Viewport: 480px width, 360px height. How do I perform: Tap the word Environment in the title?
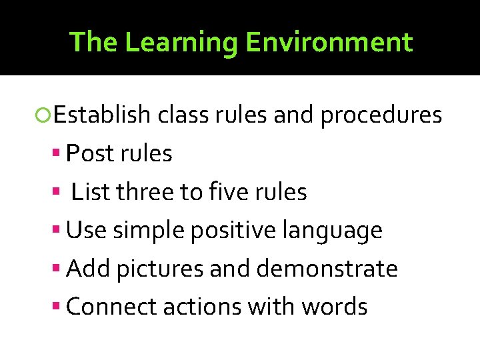point(329,42)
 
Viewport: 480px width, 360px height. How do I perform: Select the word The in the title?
point(93,42)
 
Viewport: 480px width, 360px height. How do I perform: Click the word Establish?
point(102,115)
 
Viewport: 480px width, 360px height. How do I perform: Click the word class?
point(179,115)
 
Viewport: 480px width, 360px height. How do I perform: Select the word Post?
point(91,154)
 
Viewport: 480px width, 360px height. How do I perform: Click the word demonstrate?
point(327,269)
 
